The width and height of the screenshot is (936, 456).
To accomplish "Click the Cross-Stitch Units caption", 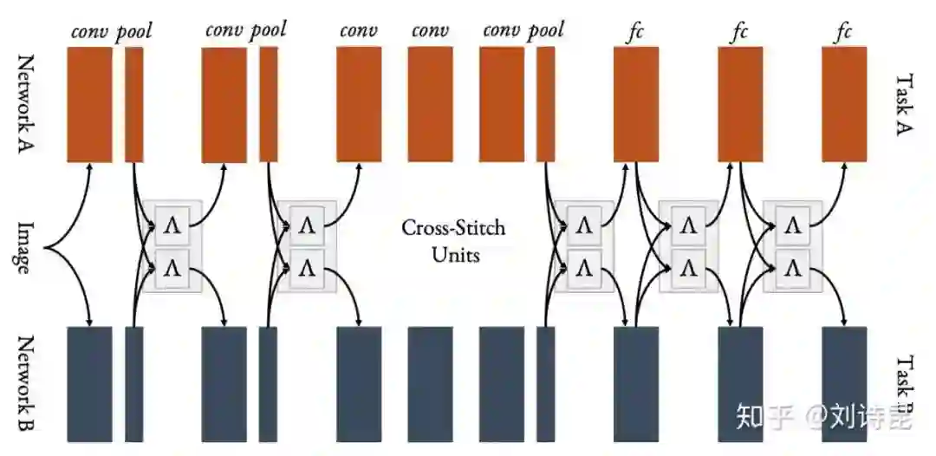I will coord(453,242).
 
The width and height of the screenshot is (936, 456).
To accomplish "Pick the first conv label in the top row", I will coord(89,32).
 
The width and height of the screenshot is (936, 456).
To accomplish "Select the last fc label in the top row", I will coord(843,32).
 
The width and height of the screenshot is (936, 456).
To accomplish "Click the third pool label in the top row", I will coord(545,31).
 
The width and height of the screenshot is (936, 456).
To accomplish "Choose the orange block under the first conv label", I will coord(89,104).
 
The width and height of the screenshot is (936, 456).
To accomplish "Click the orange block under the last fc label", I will coord(844,104).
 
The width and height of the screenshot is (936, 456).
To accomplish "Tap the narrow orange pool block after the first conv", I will coord(134,104).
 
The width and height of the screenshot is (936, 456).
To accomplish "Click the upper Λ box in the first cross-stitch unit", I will coord(171,225).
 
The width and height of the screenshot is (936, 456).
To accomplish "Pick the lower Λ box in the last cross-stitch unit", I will coord(791,268).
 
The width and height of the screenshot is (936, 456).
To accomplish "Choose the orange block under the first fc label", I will coord(636,104).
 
